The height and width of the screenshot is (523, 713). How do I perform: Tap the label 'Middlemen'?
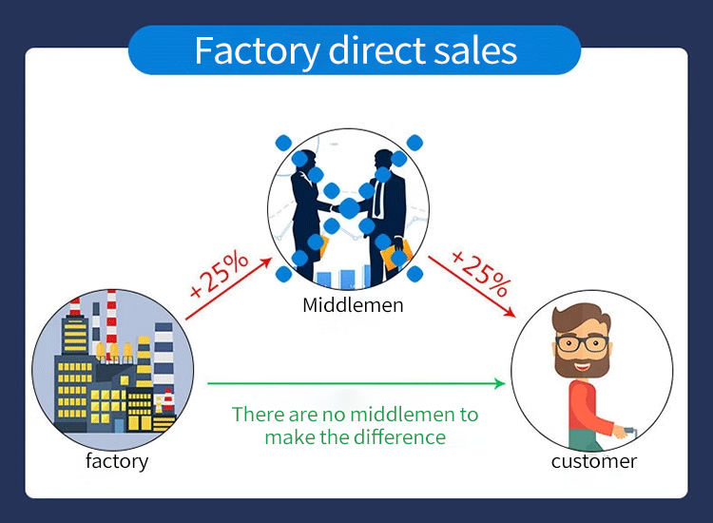pyautogui.click(x=353, y=305)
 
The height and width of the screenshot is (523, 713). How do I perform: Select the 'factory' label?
pyautogui.click(x=117, y=462)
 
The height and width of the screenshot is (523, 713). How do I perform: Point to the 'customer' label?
pyautogui.click(x=594, y=462)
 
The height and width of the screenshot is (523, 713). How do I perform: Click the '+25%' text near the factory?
pyautogui.click(x=218, y=275)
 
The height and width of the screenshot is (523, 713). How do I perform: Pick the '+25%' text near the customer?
pyautogui.click(x=481, y=273)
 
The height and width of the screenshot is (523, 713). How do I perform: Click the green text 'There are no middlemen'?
pyautogui.click(x=355, y=415)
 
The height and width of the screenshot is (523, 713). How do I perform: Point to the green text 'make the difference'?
pyautogui.click(x=355, y=437)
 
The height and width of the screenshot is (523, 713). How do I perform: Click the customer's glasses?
pyautogui.click(x=582, y=343)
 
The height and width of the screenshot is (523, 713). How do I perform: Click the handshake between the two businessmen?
pyautogui.click(x=348, y=206)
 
